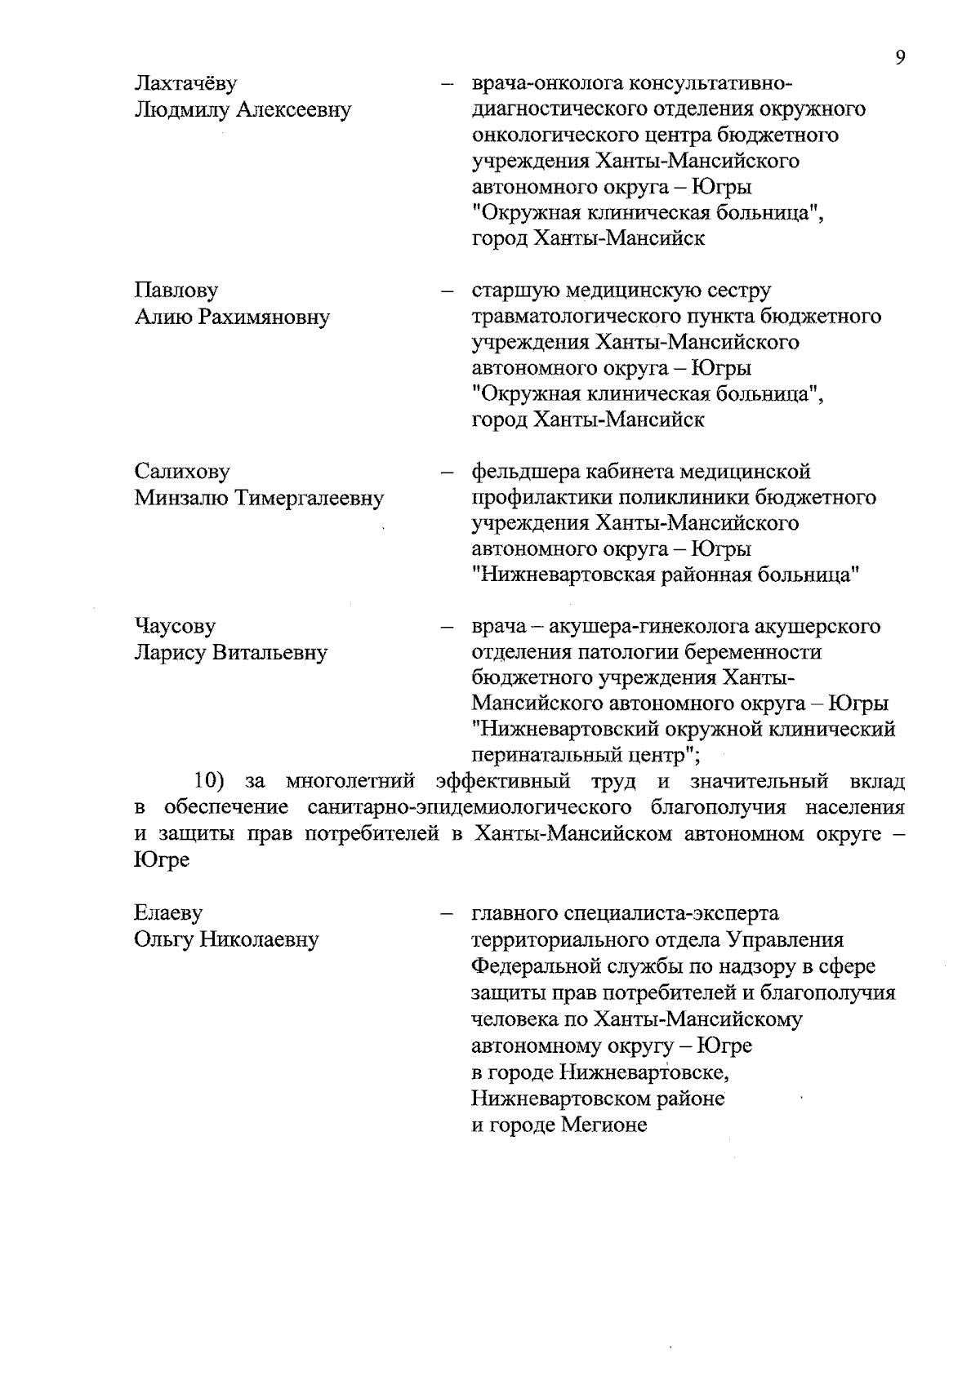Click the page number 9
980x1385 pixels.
tap(899, 57)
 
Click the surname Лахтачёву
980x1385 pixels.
tap(185, 84)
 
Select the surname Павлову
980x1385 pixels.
tap(176, 291)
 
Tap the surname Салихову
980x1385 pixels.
tap(182, 472)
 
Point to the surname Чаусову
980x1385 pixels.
tap(175, 627)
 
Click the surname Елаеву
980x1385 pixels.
tap(168, 913)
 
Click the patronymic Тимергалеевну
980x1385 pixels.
tap(310, 498)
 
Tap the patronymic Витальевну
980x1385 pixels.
tap(269, 653)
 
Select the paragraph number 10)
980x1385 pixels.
tap(209, 782)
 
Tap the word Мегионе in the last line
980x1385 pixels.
tap(604, 1125)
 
